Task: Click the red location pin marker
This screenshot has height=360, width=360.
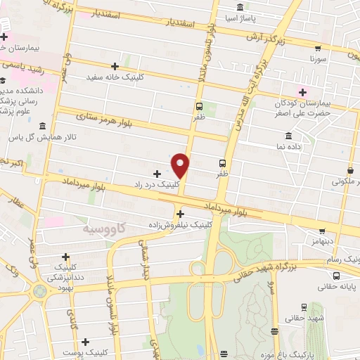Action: [181, 165]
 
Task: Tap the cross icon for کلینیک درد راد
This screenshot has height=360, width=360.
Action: [157, 173]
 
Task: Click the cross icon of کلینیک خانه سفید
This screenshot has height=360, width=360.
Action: [115, 66]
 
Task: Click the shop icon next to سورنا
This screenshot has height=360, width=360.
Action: [318, 49]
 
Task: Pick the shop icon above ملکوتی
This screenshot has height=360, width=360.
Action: [351, 170]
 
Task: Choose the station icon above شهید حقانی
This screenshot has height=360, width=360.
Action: [304, 307]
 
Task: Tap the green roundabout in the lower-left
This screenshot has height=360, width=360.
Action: [37, 290]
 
